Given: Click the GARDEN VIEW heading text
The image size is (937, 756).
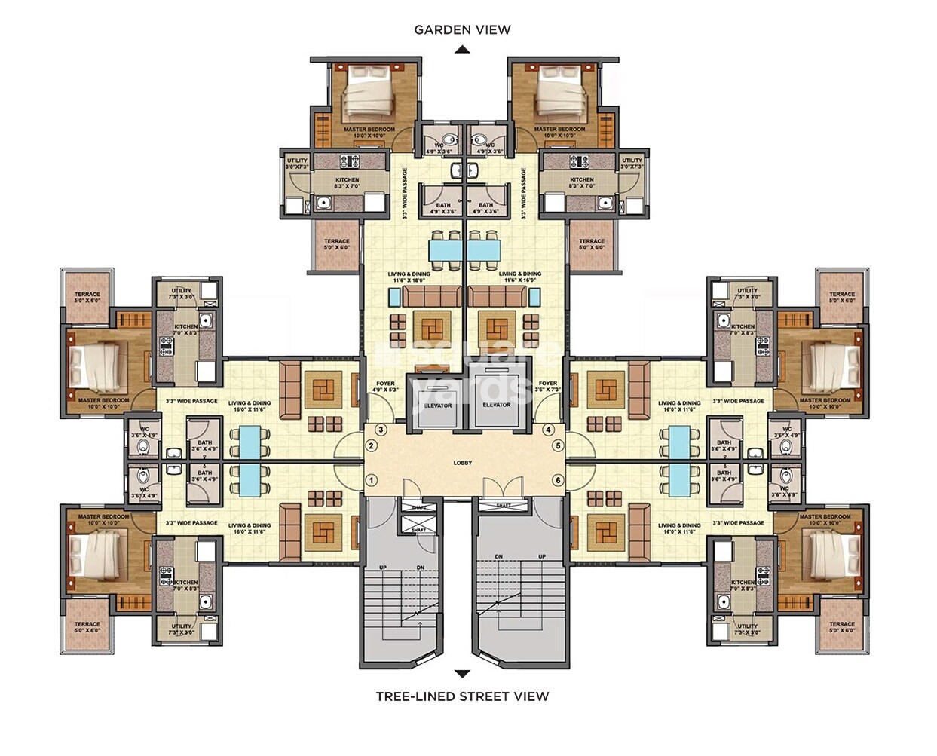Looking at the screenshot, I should pyautogui.click(x=462, y=30).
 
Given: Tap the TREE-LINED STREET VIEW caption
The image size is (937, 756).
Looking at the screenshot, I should pyautogui.click(x=462, y=696).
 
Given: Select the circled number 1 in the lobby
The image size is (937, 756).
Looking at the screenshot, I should pyautogui.click(x=371, y=480).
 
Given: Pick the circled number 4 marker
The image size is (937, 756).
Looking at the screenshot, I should pyautogui.click(x=548, y=430).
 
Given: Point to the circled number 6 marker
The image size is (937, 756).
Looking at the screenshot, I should pyautogui.click(x=558, y=480).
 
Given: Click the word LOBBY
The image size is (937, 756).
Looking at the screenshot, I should pyautogui.click(x=462, y=463).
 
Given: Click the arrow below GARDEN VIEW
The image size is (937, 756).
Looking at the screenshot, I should pyautogui.click(x=462, y=50).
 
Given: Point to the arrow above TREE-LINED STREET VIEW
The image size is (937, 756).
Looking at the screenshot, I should pyautogui.click(x=462, y=674).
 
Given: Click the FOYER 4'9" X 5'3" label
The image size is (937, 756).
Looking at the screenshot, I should pyautogui.click(x=385, y=387).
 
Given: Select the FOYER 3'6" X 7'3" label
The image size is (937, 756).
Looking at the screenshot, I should pyautogui.click(x=548, y=387).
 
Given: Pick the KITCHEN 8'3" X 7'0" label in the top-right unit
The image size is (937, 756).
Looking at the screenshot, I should pyautogui.click(x=581, y=183).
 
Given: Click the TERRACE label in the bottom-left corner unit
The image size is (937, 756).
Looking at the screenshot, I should pyautogui.click(x=87, y=627).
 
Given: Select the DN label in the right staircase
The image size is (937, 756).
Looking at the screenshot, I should pyautogui.click(x=499, y=556).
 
